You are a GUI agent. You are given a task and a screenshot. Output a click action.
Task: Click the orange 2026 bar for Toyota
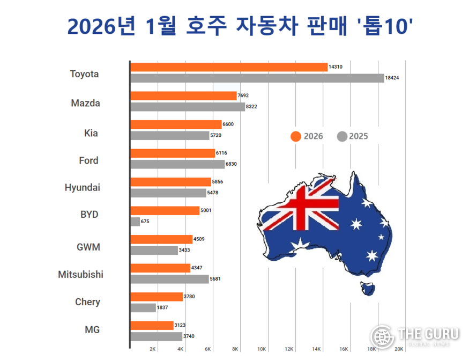(229, 67)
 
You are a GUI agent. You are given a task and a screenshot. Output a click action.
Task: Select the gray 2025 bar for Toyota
(257, 78)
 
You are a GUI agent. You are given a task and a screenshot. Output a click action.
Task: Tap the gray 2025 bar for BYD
(135, 222)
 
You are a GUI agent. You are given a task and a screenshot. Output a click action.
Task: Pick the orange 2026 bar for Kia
(176, 124)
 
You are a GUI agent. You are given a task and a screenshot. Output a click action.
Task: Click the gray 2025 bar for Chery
(143, 308)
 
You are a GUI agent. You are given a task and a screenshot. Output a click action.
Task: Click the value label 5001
(206, 210)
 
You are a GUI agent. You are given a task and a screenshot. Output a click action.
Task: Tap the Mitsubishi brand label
(81, 275)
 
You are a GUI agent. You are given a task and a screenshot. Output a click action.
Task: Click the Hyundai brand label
(83, 188)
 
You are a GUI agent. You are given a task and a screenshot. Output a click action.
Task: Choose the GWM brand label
(88, 247)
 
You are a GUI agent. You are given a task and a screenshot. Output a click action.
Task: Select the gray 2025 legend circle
(341, 136)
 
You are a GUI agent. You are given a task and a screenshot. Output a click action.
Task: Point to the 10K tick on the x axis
(262, 349)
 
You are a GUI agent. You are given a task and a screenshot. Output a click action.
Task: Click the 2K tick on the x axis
(153, 349)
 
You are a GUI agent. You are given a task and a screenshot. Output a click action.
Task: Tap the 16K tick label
(344, 349)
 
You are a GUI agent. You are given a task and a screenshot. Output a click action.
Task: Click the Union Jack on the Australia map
(311, 206)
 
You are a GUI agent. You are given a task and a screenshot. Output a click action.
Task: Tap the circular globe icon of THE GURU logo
(383, 337)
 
